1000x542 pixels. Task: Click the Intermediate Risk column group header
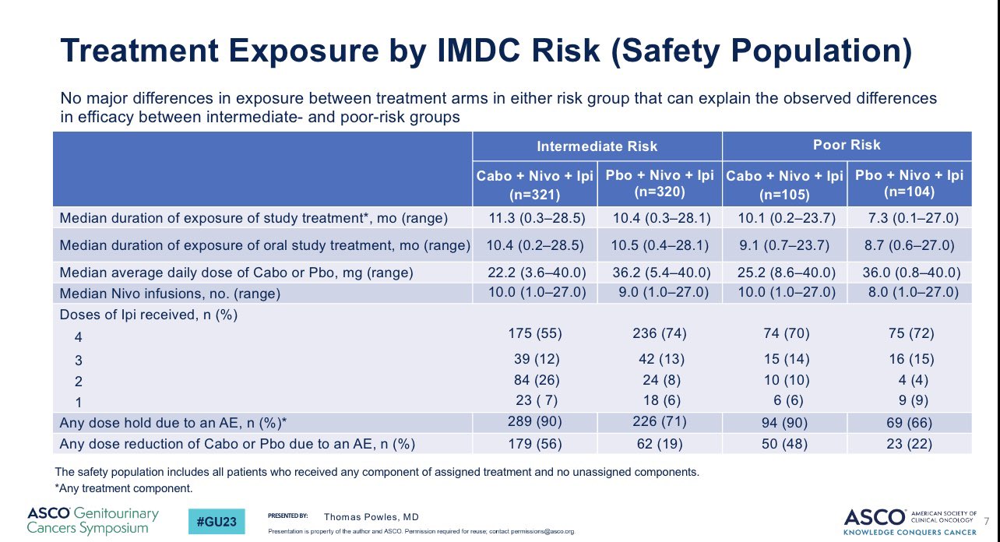[597, 146]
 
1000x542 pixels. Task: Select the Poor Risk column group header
[847, 146]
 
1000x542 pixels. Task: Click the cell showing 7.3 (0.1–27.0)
[909, 218]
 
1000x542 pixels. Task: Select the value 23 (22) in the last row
[909, 444]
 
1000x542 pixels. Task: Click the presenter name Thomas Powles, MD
[371, 516]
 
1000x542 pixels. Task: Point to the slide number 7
[988, 519]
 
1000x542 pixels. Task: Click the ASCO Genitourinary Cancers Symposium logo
[93, 520]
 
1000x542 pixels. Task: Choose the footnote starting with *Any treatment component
[123, 489]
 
